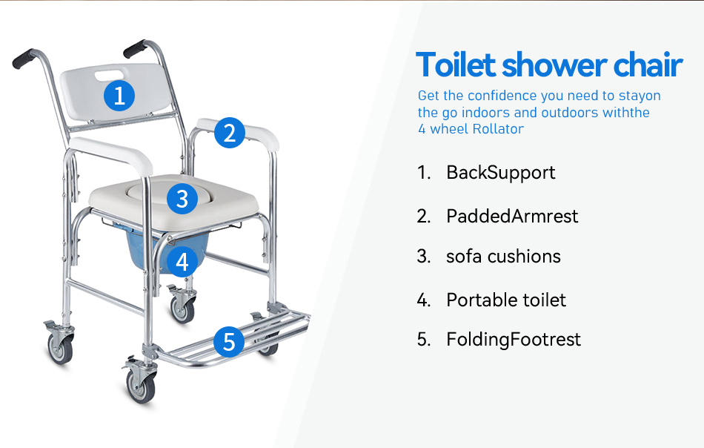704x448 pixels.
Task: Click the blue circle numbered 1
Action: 119,96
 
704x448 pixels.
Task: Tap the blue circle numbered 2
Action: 230,133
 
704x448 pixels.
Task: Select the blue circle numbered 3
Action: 182,199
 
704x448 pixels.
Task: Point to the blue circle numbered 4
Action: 182,262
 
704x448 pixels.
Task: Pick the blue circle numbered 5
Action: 229,342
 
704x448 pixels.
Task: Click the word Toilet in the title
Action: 455,65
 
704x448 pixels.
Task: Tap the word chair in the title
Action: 648,65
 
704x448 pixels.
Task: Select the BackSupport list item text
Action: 501,173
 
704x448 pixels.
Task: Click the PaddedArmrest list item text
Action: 512,216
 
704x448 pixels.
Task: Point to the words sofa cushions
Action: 503,257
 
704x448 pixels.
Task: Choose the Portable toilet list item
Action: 506,300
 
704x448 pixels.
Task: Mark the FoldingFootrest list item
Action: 514,340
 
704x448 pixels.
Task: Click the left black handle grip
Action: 24,59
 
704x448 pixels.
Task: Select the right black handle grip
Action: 135,49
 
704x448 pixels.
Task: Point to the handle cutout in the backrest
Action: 109,75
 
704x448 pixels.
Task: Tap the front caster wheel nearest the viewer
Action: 141,386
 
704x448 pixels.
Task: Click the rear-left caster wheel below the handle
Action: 60,349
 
